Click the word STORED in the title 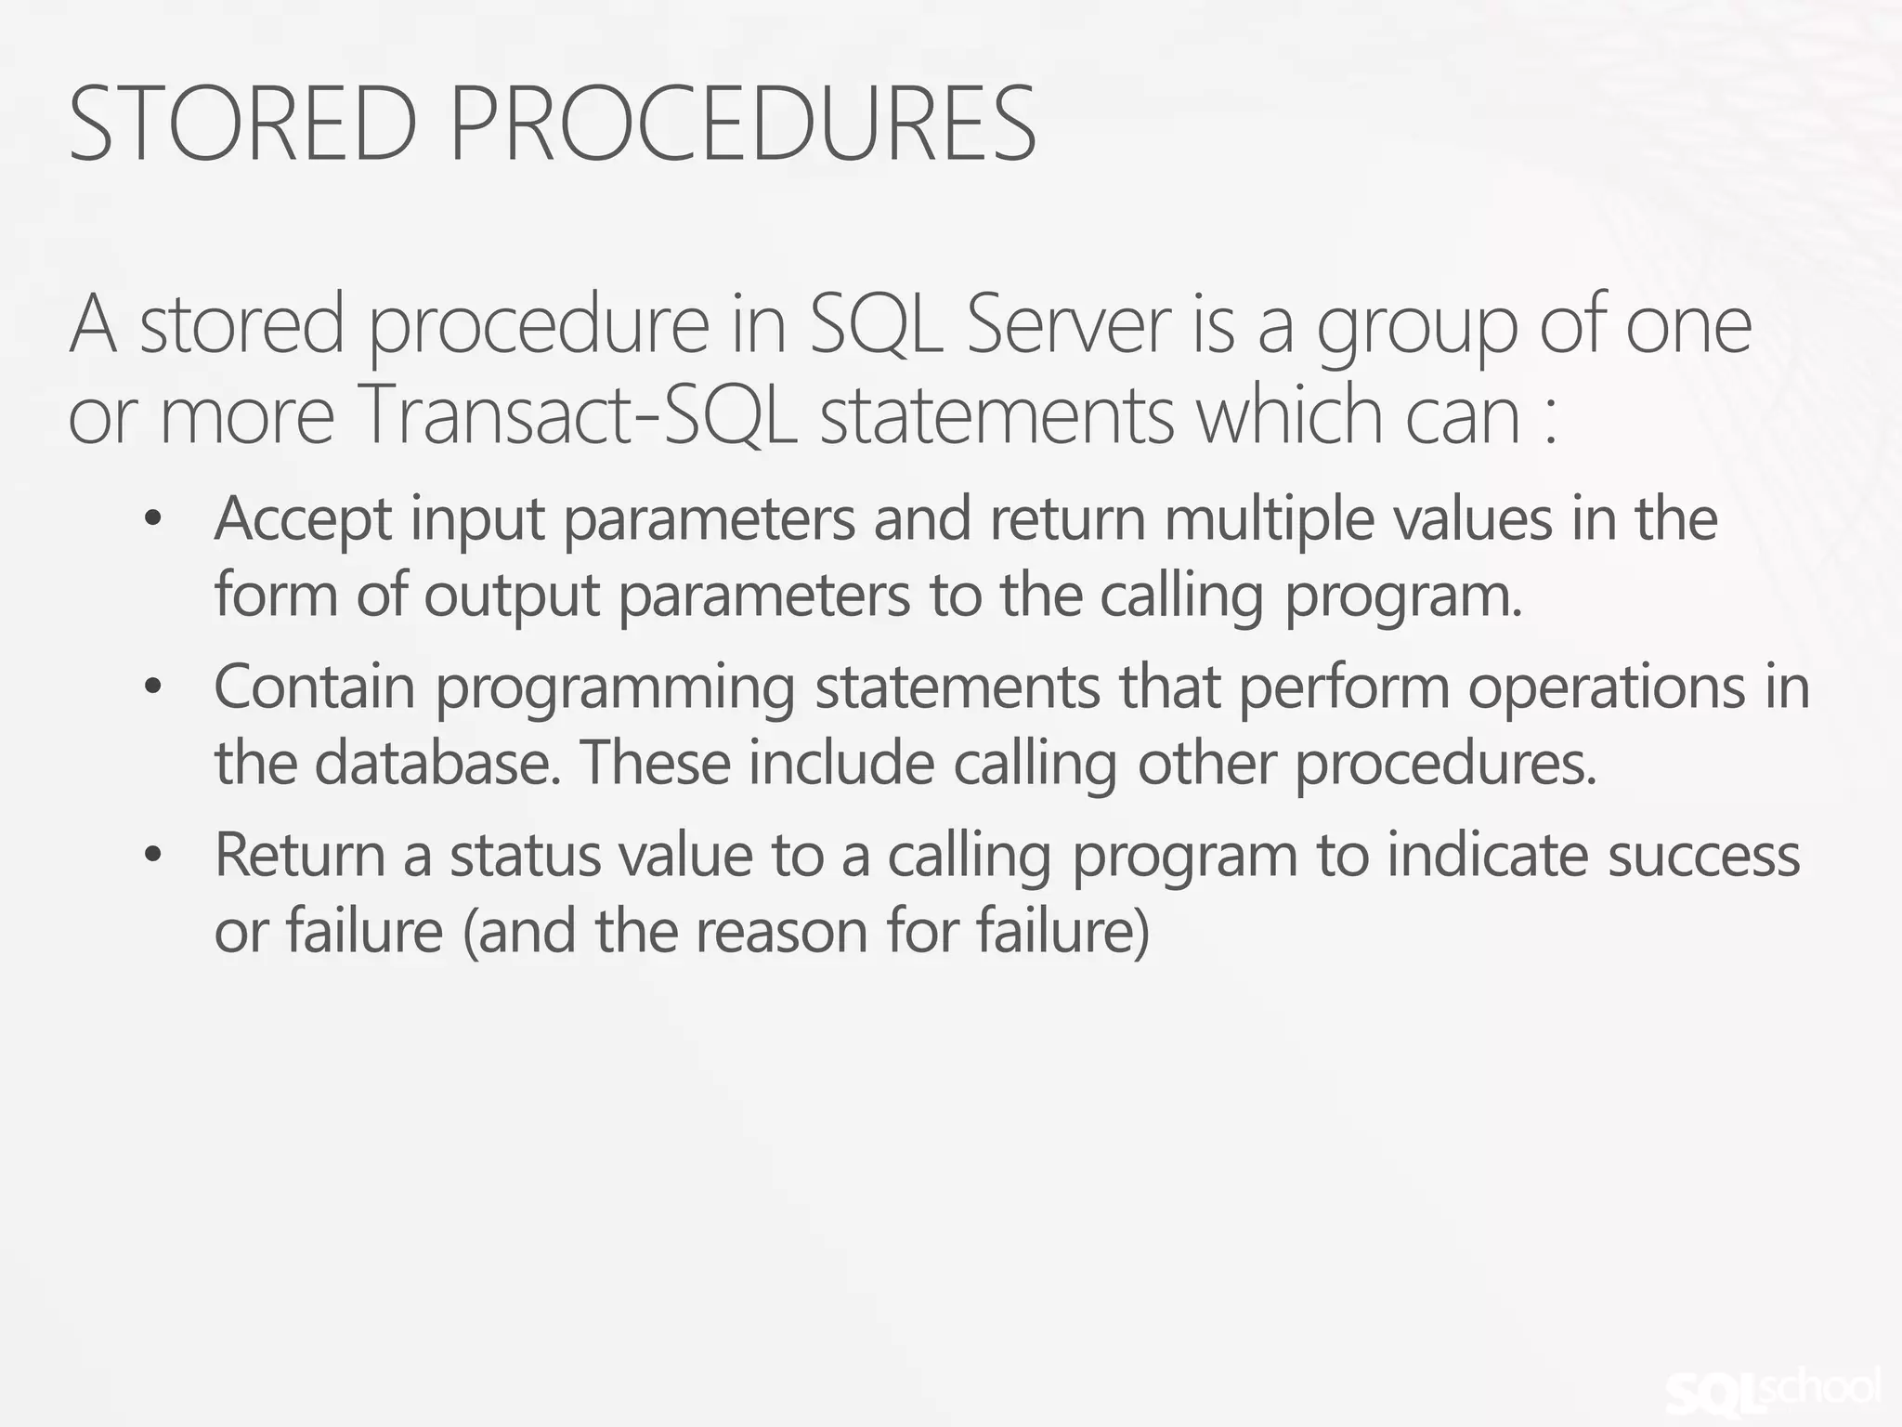(243, 124)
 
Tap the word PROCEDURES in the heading (742, 124)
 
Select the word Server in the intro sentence (1068, 325)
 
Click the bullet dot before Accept (154, 518)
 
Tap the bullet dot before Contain (154, 687)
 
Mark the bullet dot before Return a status (154, 856)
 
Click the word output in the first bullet (512, 596)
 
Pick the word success (1704, 856)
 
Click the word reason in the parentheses (782, 932)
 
